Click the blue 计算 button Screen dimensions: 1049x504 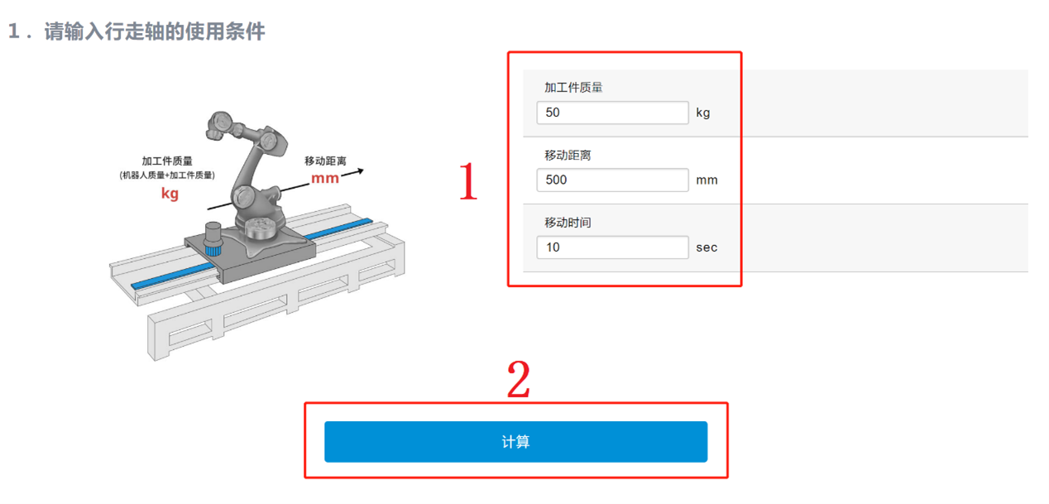pyautogui.click(x=515, y=442)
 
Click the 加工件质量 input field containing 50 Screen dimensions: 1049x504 pyautogui.click(x=612, y=113)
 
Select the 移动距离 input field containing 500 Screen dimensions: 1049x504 pyautogui.click(x=612, y=180)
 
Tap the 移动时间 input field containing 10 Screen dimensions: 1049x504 pyautogui.click(x=612, y=247)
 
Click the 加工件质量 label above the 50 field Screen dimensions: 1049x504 pyautogui.click(x=573, y=88)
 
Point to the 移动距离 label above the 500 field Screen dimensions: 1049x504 pyautogui.click(x=568, y=155)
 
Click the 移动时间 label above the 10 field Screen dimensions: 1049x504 pyautogui.click(x=568, y=223)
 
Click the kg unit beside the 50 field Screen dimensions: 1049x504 pyautogui.click(x=703, y=113)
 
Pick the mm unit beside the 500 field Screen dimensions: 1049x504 pyautogui.click(x=707, y=180)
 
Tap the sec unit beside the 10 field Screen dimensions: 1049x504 pyautogui.click(x=707, y=247)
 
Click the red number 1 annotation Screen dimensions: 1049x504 pyautogui.click(x=468, y=180)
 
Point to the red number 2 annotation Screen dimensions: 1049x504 pyautogui.click(x=519, y=379)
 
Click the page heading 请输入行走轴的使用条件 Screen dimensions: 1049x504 pyautogui.click(x=155, y=31)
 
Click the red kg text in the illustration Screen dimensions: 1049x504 pyautogui.click(x=170, y=194)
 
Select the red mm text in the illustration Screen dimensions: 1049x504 pyautogui.click(x=325, y=179)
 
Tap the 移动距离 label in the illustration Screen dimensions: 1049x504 pyautogui.click(x=325, y=161)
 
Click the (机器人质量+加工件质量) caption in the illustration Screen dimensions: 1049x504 pyautogui.click(x=167, y=175)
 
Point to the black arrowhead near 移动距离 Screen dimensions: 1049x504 pyautogui.click(x=360, y=171)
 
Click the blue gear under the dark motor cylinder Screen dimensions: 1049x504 pyautogui.click(x=213, y=250)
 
